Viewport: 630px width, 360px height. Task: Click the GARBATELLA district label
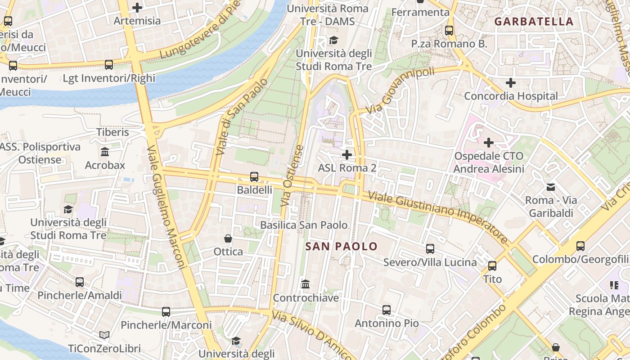click(x=534, y=22)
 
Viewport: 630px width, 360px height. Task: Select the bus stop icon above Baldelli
click(x=254, y=177)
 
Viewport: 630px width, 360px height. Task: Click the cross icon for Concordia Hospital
click(x=510, y=83)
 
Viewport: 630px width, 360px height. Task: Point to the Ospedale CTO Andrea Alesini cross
click(x=488, y=143)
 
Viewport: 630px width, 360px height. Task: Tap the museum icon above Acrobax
click(x=105, y=152)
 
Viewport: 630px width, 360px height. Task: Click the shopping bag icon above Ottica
click(x=228, y=238)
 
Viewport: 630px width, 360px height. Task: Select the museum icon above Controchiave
click(x=306, y=284)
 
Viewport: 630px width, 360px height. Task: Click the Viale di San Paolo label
click(x=242, y=117)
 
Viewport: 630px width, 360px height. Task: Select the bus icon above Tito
click(x=492, y=266)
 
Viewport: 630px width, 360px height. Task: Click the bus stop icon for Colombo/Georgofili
click(x=580, y=246)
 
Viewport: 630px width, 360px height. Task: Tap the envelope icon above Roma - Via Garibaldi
click(x=551, y=187)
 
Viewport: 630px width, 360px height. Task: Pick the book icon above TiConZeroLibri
click(x=104, y=335)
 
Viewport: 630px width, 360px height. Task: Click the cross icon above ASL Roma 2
click(x=346, y=155)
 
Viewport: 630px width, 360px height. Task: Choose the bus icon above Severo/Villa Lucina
click(x=430, y=249)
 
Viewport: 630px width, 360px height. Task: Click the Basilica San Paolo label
click(x=304, y=225)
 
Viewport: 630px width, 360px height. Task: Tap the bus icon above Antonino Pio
click(x=386, y=310)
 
